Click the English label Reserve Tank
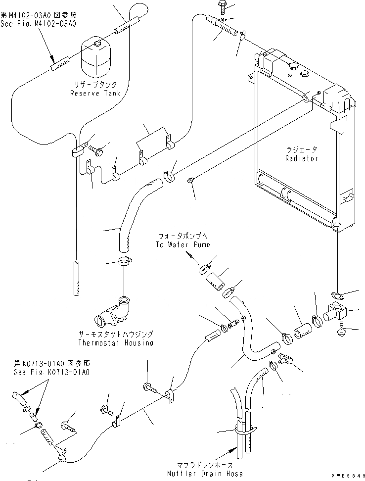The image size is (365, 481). coord(95,93)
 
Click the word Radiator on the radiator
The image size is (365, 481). coord(302,158)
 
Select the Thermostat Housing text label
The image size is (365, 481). coord(116,342)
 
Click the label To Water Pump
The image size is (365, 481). coord(182,244)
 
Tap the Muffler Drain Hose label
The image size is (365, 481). coord(205,474)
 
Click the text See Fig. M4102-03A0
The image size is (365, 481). coord(38,24)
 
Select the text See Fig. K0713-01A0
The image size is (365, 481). coord(52,372)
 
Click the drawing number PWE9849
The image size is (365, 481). coord(348,476)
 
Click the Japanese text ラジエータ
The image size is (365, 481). coord(302,149)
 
